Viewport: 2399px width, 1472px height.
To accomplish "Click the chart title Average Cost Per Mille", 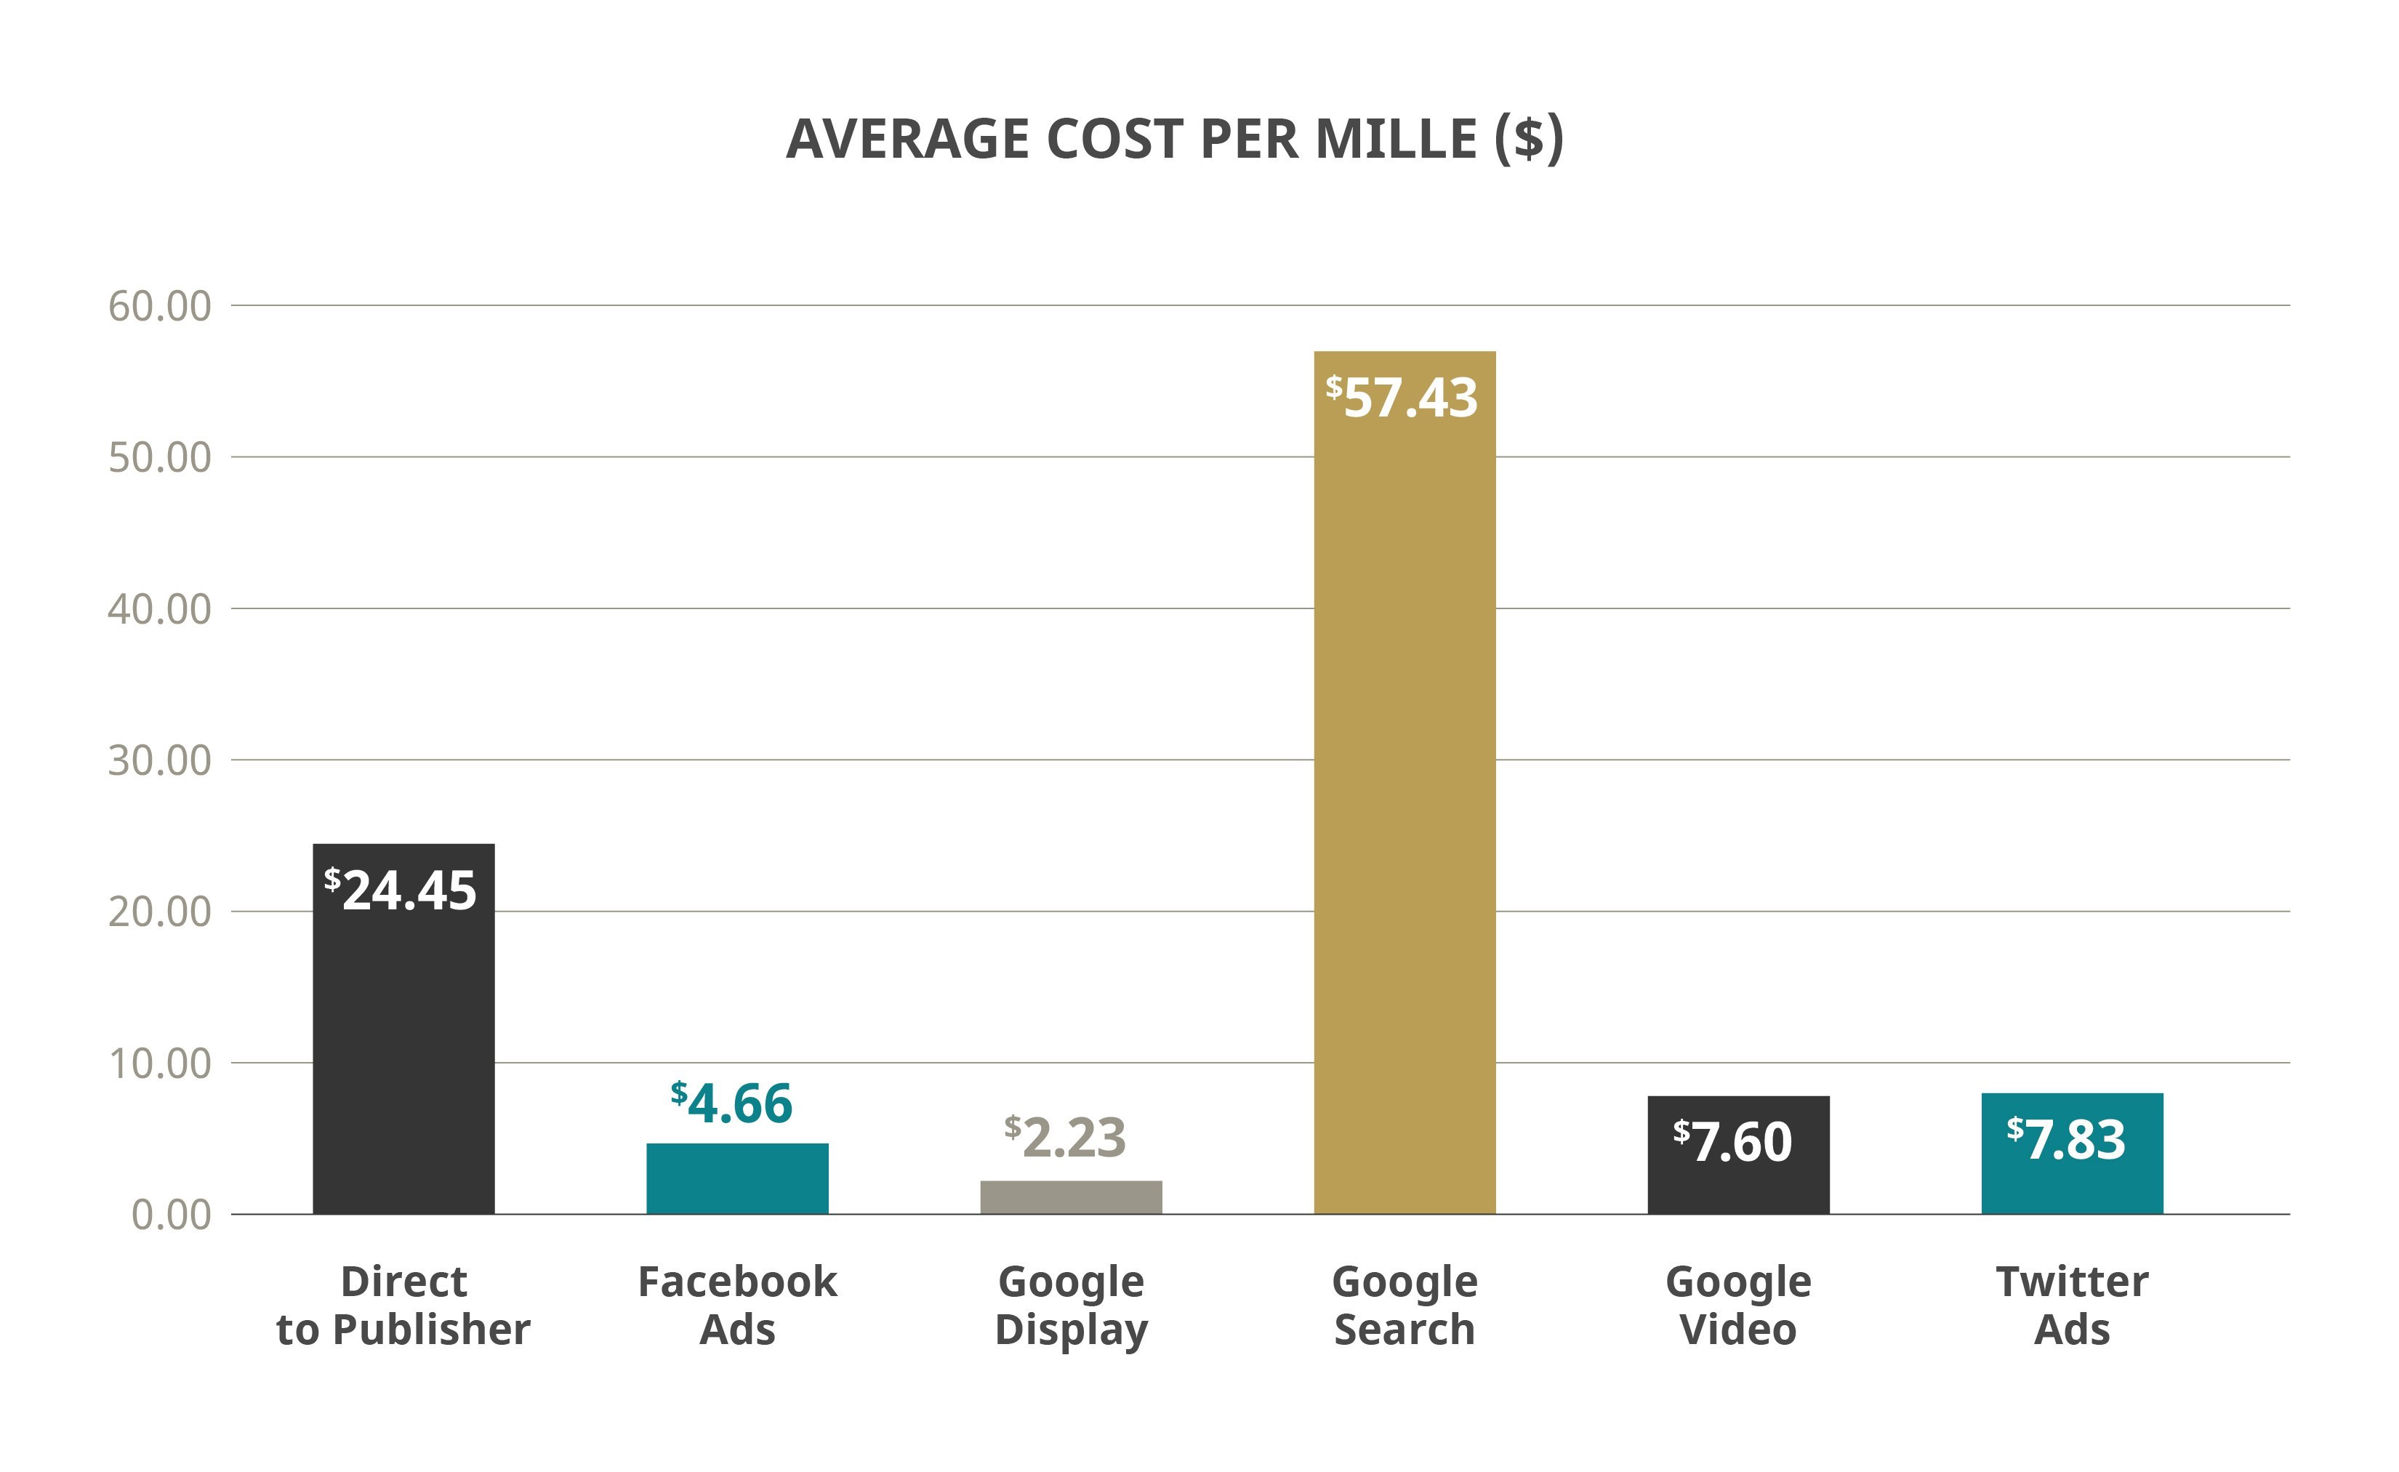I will tap(1174, 140).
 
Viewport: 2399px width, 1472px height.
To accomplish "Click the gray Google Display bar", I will tap(1071, 1197).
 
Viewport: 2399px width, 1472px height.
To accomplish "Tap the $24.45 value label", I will tap(401, 890).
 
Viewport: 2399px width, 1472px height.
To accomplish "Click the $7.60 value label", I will tap(1733, 1141).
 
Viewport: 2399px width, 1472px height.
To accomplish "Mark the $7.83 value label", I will tap(2066, 1139).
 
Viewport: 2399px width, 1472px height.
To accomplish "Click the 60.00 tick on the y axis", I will tap(160, 306).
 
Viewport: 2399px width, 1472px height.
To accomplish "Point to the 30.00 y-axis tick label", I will tap(160, 760).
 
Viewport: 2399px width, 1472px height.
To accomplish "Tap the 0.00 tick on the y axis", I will tap(172, 1215).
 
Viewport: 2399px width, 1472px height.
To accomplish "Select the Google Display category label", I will tap(1071, 1306).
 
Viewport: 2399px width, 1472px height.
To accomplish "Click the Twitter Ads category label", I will tap(2072, 1306).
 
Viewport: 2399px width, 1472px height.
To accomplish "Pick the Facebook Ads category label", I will tap(737, 1306).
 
